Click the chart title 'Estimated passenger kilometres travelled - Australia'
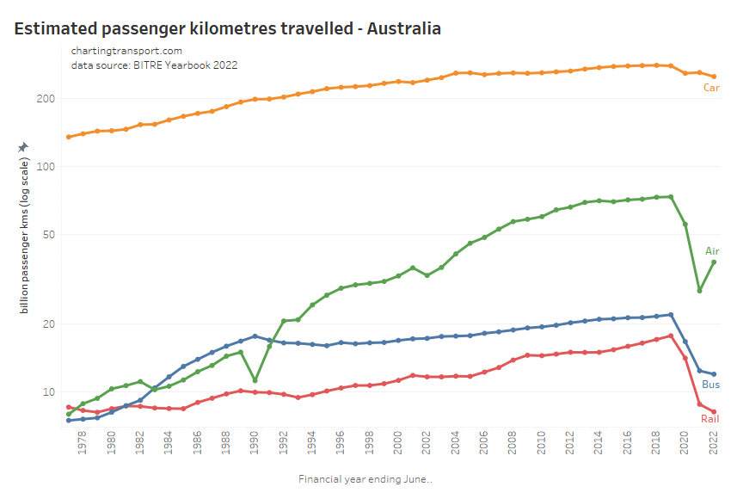coord(228,28)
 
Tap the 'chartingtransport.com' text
coord(126,51)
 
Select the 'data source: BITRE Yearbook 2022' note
coord(154,65)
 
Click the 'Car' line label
coord(711,88)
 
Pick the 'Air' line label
coord(712,251)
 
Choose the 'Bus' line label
coord(711,385)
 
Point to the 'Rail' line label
coord(709,419)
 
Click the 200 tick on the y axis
coord(45,99)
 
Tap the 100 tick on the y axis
coord(45,166)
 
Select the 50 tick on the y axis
coord(47,235)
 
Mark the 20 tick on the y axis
coord(47,324)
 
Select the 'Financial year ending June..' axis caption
coord(365,479)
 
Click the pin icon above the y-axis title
coord(23,147)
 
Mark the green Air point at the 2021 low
coord(700,291)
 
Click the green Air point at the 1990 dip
coord(255,380)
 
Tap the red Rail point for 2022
coord(714,411)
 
